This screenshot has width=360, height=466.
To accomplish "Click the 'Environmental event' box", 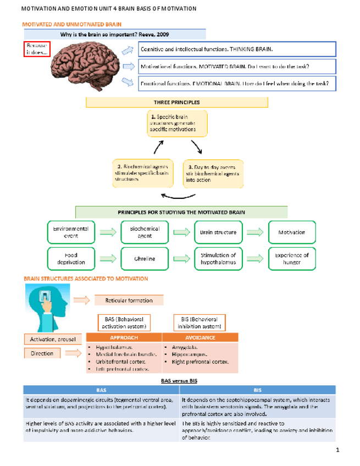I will (x=67, y=232).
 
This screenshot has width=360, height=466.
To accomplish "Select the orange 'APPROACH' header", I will (x=124, y=337).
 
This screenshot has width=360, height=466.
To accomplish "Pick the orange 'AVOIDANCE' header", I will (x=200, y=337).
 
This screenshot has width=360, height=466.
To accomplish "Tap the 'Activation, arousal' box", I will (x=53, y=339).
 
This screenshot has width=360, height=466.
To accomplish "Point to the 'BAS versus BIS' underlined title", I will (x=179, y=380).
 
